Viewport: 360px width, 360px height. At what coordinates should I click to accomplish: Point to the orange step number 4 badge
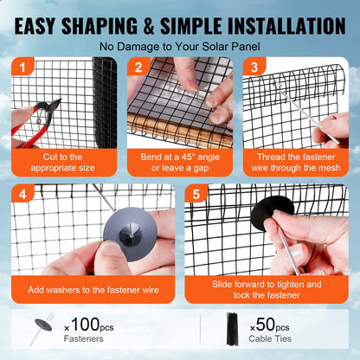(21, 195)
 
